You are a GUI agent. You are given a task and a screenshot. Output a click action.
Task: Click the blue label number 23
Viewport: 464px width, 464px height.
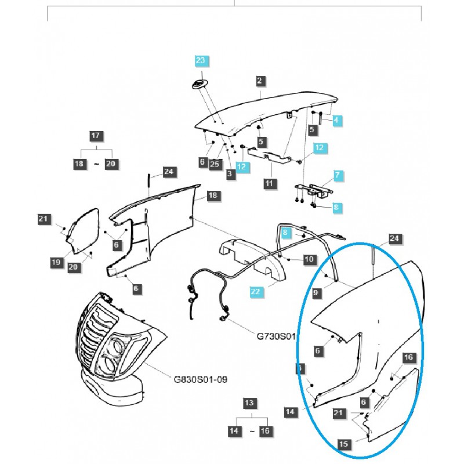pyautogui.click(x=201, y=60)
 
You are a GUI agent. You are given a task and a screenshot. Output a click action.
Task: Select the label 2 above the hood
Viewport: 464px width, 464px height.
pyautogui.click(x=259, y=81)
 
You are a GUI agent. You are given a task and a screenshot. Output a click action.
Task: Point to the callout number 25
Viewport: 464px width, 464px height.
pyautogui.click(x=215, y=165)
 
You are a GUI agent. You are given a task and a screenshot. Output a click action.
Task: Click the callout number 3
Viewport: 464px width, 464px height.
pyautogui.click(x=230, y=173)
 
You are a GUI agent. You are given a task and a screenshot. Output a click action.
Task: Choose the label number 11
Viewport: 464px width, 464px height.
pyautogui.click(x=269, y=183)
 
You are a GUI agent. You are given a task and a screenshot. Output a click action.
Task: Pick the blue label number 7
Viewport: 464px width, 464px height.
pyautogui.click(x=338, y=175)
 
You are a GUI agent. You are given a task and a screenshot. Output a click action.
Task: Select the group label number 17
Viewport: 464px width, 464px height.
pyautogui.click(x=96, y=137)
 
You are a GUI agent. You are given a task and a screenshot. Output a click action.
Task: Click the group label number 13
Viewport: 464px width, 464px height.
pyautogui.click(x=249, y=403)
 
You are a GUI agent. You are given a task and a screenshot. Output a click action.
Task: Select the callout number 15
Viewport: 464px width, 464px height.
pyautogui.click(x=343, y=444)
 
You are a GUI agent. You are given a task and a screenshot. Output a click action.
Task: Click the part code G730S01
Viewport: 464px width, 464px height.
pyautogui.click(x=276, y=336)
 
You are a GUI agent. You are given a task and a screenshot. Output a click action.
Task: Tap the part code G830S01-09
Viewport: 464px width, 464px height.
pyautogui.click(x=201, y=380)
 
